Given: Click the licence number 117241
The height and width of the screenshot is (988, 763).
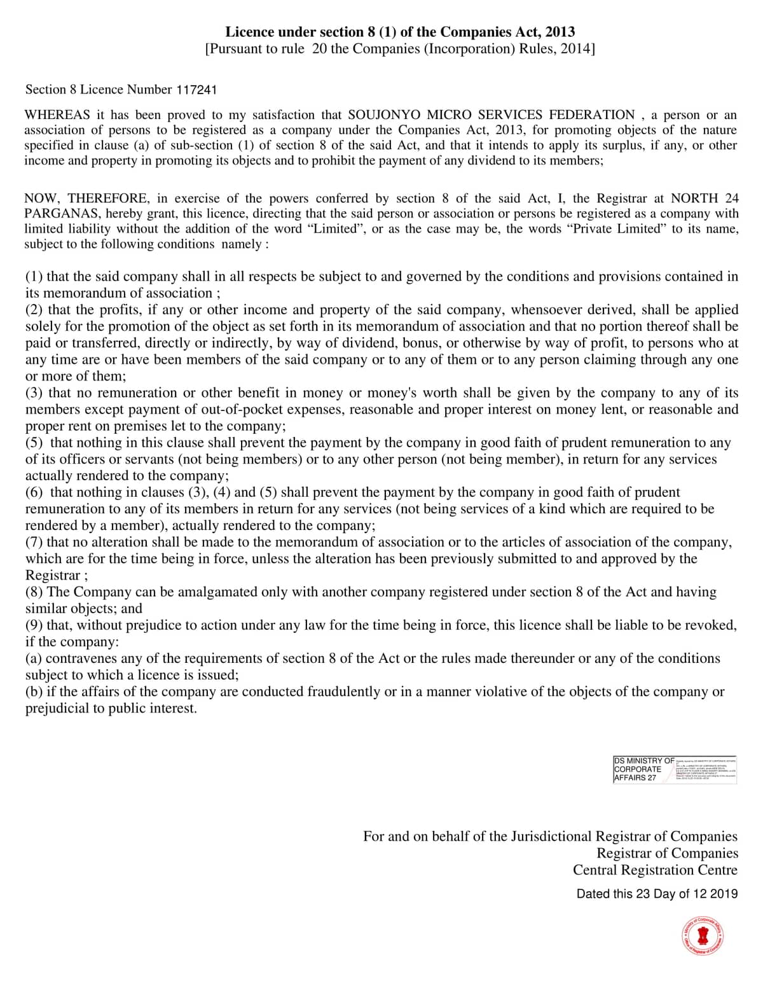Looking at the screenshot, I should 196,90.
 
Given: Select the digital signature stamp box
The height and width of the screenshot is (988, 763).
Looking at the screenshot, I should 675,769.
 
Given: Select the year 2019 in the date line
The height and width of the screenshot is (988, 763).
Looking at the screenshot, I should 724,894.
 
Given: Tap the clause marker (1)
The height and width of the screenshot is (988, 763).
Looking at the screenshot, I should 34,277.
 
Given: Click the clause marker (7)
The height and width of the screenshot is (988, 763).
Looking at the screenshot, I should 34,542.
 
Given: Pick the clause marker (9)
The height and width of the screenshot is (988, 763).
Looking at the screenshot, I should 34,625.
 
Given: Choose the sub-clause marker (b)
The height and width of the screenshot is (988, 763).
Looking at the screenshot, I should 34,692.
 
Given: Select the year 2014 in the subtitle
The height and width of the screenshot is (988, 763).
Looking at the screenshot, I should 575,49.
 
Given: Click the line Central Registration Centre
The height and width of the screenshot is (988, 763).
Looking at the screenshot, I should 655,870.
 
